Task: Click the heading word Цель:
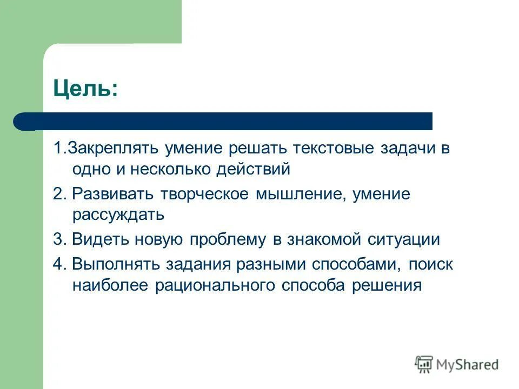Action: pyautogui.click(x=84, y=87)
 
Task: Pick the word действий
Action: pyautogui.click(x=254, y=170)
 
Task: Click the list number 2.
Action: pyautogui.click(x=57, y=194)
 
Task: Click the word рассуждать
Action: pyautogui.click(x=118, y=215)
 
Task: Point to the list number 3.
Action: pyautogui.click(x=57, y=240)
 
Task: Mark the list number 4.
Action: pyautogui.click(x=57, y=265)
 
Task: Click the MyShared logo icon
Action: pyautogui.click(x=424, y=365)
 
